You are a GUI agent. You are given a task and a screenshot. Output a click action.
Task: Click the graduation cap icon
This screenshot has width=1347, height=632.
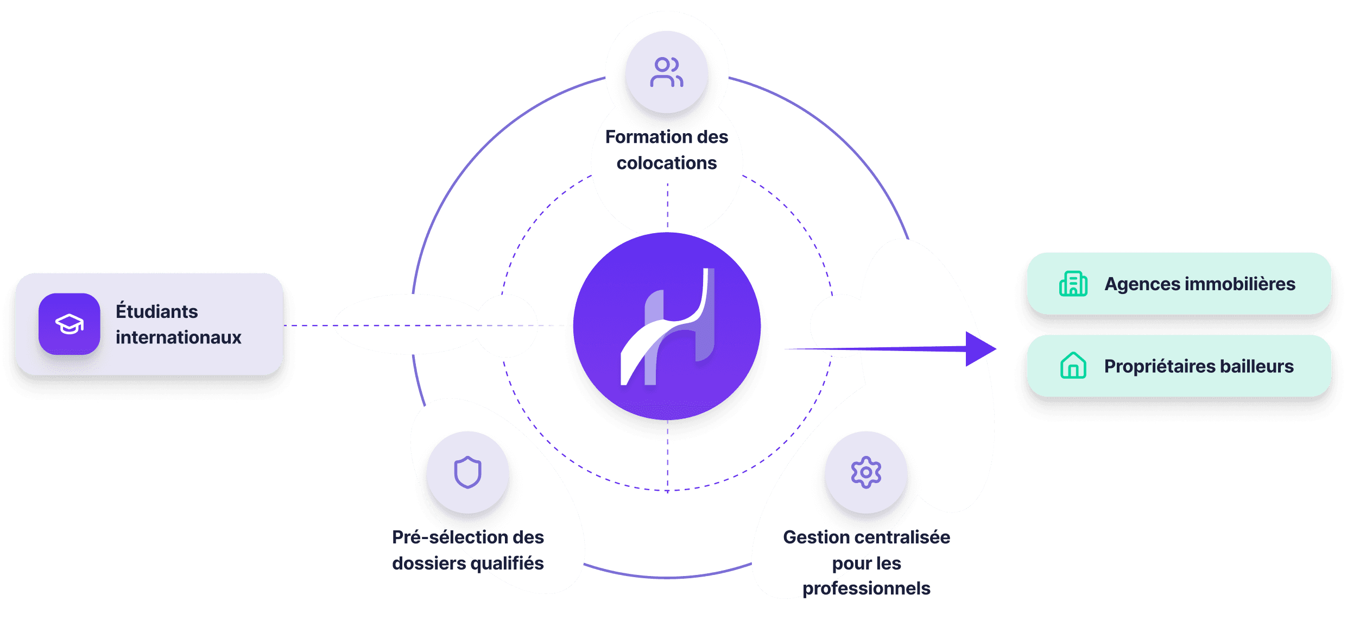(69, 324)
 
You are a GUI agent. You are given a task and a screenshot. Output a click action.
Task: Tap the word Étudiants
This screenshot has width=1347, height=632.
(157, 311)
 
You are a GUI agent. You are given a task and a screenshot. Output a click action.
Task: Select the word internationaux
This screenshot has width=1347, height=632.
(178, 337)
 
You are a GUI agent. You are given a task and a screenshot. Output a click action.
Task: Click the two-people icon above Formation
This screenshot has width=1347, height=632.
(667, 72)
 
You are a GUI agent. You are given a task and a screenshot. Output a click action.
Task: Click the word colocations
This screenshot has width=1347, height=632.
(667, 163)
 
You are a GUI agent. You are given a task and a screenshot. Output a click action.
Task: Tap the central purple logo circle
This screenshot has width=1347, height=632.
(667, 326)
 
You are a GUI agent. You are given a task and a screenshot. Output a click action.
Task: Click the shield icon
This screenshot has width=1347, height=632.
(467, 472)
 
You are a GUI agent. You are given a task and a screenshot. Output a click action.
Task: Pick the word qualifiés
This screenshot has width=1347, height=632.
(507, 564)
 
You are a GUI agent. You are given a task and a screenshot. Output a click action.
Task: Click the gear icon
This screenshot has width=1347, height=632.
(866, 472)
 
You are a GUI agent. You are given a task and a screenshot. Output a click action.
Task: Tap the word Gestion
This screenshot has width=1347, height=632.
(817, 537)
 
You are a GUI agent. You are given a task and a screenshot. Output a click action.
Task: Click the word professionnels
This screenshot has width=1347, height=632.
(867, 588)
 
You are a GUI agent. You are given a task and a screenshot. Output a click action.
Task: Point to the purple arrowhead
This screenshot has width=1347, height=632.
(980, 349)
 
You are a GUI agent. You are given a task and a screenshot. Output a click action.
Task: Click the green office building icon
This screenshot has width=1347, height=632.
(1073, 284)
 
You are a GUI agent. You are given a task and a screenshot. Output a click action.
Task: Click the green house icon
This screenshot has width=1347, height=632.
(1073, 366)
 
